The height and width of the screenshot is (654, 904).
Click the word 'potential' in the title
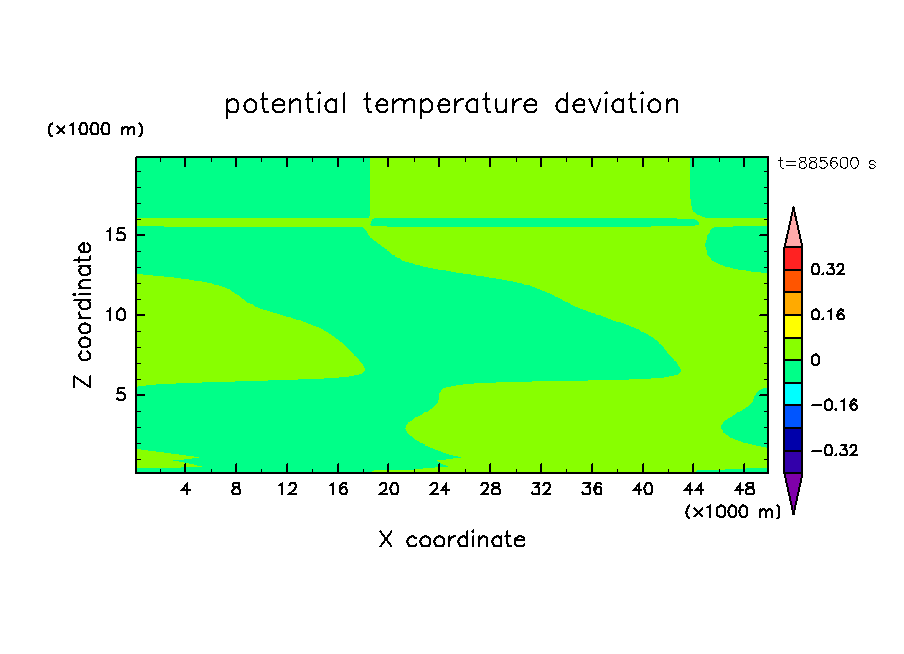[x=285, y=105]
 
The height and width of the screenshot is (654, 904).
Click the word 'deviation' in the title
[x=617, y=104]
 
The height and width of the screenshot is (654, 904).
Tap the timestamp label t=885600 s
[x=827, y=164]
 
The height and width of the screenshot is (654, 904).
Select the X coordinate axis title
[x=452, y=540]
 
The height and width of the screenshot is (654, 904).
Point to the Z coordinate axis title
[x=83, y=315]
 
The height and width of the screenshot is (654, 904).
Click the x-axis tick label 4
[x=185, y=490]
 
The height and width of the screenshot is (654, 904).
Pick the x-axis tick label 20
[x=388, y=490]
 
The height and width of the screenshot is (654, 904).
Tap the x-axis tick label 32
[x=541, y=490]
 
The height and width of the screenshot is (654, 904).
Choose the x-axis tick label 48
[x=744, y=490]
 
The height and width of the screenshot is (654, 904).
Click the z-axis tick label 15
[x=116, y=235]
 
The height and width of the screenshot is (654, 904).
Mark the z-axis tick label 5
[x=120, y=394]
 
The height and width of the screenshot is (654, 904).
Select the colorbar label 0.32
[x=827, y=269]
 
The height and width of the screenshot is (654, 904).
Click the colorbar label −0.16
[x=834, y=405]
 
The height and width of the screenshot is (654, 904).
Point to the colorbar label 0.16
[x=827, y=315]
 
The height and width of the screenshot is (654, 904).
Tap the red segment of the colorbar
[x=793, y=258]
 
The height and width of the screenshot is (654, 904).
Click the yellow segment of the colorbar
[x=793, y=326]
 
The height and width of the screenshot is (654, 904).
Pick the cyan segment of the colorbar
[x=793, y=394]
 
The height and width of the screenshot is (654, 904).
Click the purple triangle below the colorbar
[x=793, y=491]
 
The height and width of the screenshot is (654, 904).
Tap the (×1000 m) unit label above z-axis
[x=95, y=129]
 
